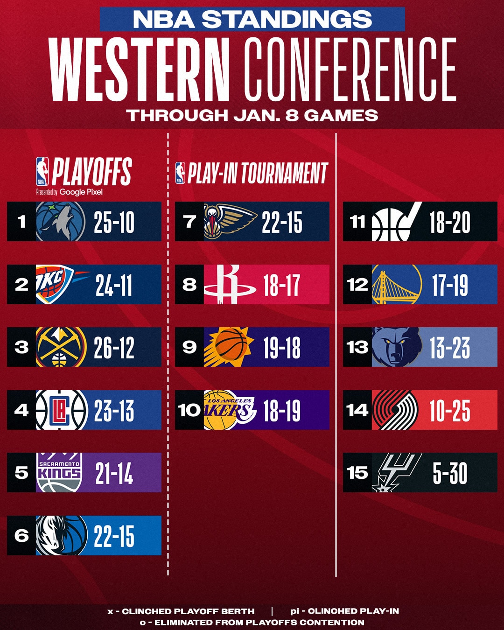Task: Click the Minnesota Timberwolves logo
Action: coord(61,222)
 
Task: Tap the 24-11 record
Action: coord(114,285)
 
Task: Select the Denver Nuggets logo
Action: coord(61,347)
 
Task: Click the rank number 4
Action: coord(21,410)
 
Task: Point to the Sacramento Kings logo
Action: coord(59,472)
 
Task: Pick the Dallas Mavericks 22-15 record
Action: coord(114,536)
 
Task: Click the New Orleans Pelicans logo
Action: coord(229,221)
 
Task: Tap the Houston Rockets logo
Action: coord(229,285)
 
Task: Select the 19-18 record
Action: coord(281,348)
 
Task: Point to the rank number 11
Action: coord(357,222)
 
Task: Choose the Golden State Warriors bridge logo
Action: coord(396,285)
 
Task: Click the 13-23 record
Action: coord(449,348)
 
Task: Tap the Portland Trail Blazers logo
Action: coord(395,410)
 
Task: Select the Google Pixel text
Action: coord(81,192)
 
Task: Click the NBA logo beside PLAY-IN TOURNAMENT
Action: coord(180,173)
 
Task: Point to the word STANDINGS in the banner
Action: coord(287,20)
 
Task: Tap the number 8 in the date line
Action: coord(292,115)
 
